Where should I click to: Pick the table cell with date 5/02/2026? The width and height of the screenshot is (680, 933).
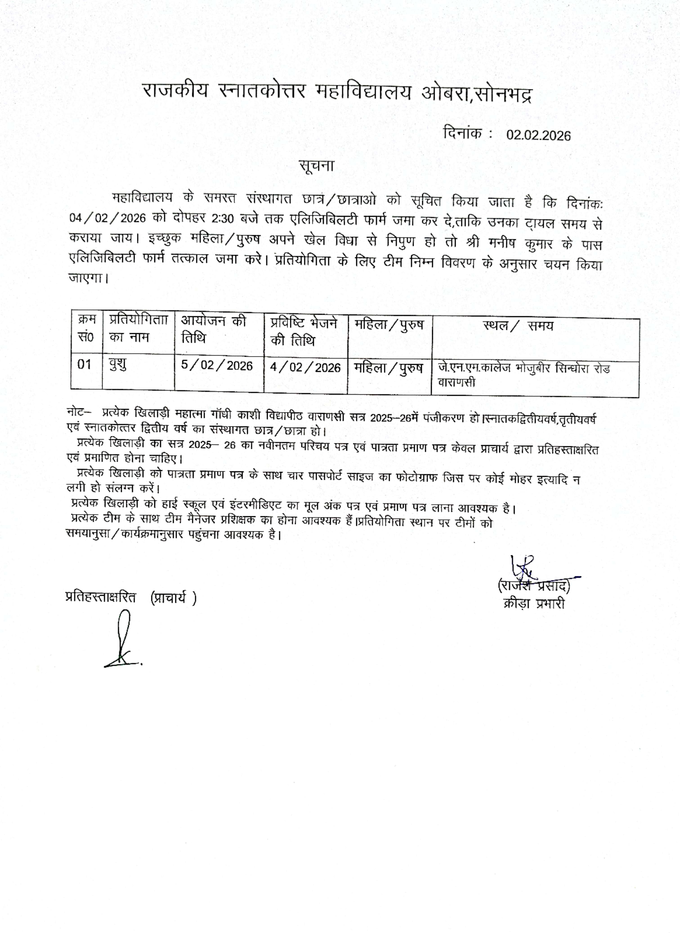pos(217,366)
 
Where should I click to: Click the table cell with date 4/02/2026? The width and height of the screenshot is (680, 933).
pos(305,367)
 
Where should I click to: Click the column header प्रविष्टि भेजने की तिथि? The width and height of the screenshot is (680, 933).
pos(304,332)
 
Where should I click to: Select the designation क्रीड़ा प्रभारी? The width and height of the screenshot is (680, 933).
pos(533,604)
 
